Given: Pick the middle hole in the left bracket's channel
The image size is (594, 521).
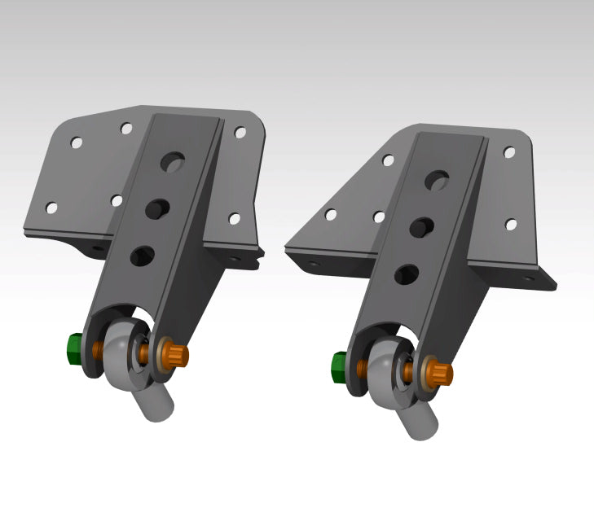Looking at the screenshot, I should click(x=156, y=209).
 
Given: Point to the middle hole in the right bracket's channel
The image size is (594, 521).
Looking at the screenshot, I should click(x=421, y=227).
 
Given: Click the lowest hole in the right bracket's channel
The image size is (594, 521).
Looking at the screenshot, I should click(x=405, y=274).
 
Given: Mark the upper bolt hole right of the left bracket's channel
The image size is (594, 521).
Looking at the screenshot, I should click(x=240, y=132).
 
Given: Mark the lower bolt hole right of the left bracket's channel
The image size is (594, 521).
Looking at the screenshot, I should click(x=235, y=218).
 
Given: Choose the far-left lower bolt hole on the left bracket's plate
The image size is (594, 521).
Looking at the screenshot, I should click(x=51, y=208).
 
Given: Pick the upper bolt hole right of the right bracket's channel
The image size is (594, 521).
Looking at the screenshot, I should click(x=509, y=151).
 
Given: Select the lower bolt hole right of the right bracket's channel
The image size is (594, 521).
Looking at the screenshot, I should click(x=511, y=225).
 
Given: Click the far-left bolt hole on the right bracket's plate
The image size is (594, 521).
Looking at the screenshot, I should click(x=331, y=215).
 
